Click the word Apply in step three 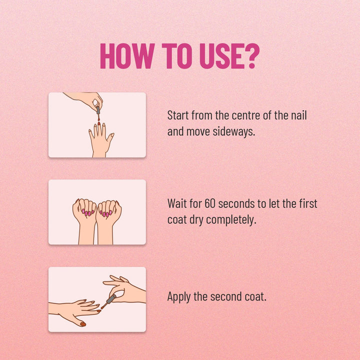178,296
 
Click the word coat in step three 255,296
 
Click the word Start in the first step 178,116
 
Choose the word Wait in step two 177,204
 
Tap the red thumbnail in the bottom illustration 82,324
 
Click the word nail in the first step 298,116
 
